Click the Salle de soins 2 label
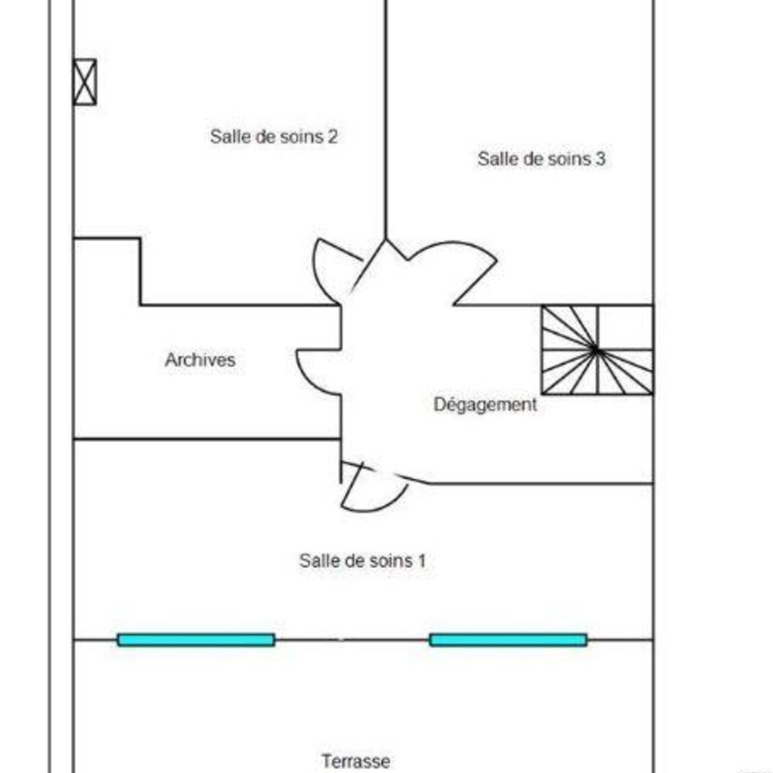[274, 137]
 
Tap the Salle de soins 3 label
[541, 158]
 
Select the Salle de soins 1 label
[363, 560]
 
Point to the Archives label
[200, 359]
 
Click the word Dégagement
[485, 405]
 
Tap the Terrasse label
[356, 761]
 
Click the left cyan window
[196, 640]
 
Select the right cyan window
[509, 640]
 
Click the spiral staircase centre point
[596, 350]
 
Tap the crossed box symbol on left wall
[85, 82]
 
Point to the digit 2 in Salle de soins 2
[332, 137]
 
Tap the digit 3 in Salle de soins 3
[601, 158]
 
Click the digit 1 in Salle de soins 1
[421, 560]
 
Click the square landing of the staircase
[625, 327]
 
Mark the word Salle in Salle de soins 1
[316, 560]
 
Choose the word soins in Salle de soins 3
[566, 158]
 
